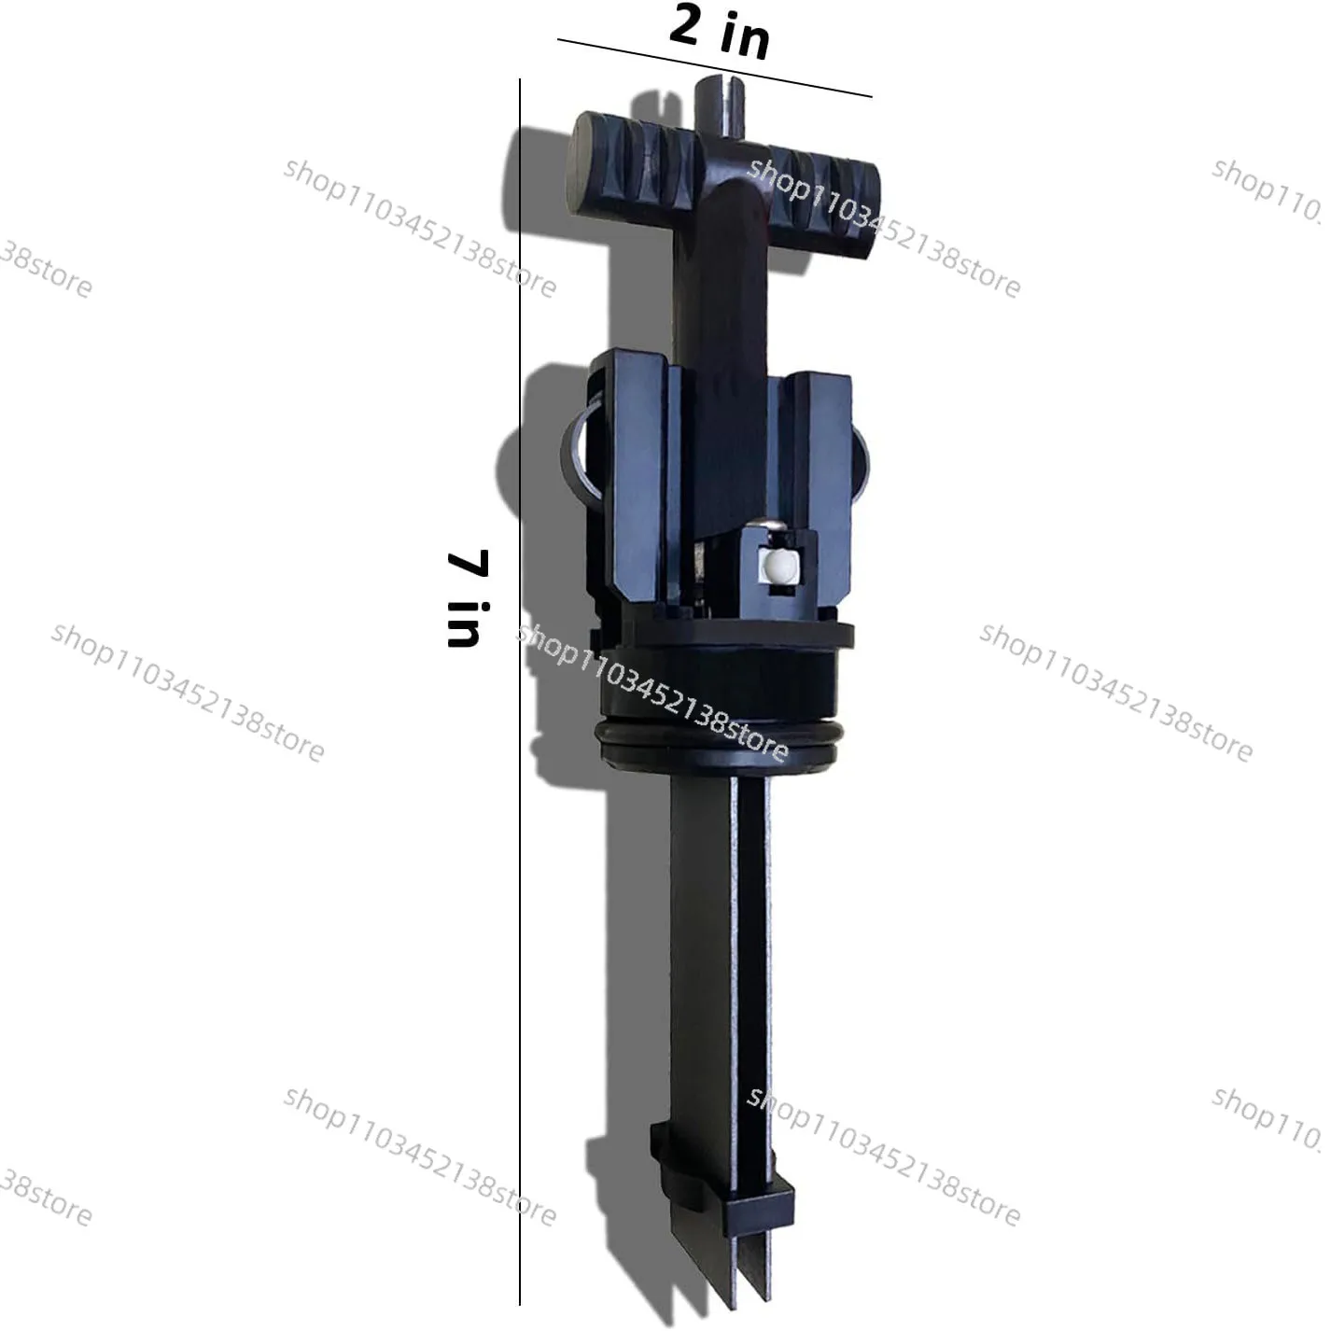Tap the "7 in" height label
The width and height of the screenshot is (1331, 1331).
[x=469, y=598]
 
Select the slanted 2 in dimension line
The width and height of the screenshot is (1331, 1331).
[x=714, y=68]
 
